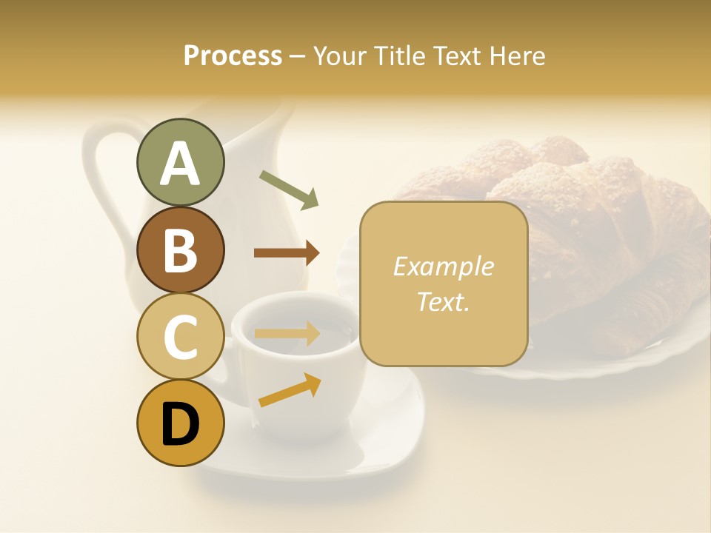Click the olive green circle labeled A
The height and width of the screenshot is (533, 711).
[180, 163]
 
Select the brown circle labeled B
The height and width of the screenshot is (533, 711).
[180, 250]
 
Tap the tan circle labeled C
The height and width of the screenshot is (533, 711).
[180, 337]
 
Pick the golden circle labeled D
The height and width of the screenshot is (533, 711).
[180, 423]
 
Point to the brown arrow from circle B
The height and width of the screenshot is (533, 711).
[287, 253]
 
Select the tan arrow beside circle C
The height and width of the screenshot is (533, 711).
[287, 333]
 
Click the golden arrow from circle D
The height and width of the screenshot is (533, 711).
[290, 390]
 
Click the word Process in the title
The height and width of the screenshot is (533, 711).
[233, 56]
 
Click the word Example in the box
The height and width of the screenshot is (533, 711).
[443, 266]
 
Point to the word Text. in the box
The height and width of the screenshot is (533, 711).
[443, 301]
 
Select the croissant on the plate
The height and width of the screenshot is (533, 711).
[592, 222]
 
